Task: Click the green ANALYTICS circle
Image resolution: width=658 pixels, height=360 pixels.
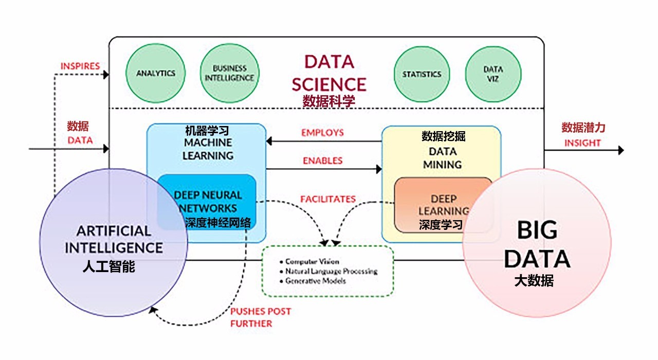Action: coord(156,74)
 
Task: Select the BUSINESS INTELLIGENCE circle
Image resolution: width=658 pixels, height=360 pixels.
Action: coord(229,74)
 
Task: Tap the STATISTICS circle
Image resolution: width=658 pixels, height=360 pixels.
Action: coord(422,74)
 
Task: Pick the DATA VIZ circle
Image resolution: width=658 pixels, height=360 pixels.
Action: coord(493,74)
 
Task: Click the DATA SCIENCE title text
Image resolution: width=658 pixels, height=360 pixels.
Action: coord(328,73)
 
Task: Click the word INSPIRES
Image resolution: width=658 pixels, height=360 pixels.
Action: coord(80,66)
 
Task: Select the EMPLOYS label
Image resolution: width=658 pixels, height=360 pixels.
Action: coord(322,133)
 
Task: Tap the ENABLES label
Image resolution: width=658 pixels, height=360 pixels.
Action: coord(322,161)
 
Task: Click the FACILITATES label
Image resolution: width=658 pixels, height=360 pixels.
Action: coord(328,199)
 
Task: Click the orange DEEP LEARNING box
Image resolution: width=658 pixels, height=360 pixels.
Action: coord(443,205)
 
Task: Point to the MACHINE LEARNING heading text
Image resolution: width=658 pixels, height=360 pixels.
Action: coord(208,149)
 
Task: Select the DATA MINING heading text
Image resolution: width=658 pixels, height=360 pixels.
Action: coord(443,158)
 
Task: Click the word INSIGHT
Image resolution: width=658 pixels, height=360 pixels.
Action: coord(582,143)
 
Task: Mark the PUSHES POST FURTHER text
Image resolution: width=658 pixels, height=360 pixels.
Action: coord(260,317)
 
